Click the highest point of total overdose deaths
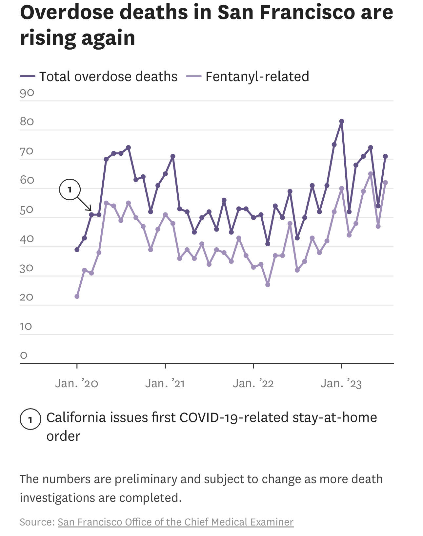[x=341, y=122]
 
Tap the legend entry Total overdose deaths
[x=108, y=77]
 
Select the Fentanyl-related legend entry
[x=257, y=77]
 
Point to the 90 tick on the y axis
[x=27, y=93]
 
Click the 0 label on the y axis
[x=24, y=355]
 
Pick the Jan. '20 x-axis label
[x=77, y=383]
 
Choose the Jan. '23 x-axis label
[x=341, y=383]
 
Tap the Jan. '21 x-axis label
[x=165, y=383]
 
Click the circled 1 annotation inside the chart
[x=70, y=190]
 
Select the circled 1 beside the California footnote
[x=30, y=419]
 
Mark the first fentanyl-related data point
[x=77, y=296]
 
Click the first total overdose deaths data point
[x=77, y=250]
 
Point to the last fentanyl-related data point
[x=385, y=183]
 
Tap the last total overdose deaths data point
[x=385, y=156]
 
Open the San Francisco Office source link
[x=175, y=522]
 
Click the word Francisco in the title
[x=307, y=12]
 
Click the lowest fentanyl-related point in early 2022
[x=268, y=284]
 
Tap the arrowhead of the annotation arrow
[x=90, y=210]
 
